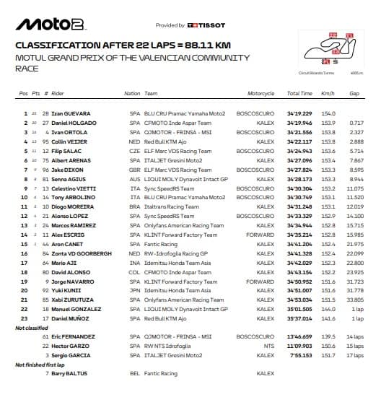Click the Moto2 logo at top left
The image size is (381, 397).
(45, 25)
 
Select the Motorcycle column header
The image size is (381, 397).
(260, 94)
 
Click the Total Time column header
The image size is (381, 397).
(299, 94)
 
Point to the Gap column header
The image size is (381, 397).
(354, 94)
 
